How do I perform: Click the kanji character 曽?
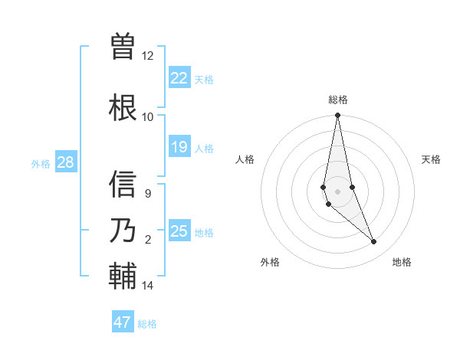(123, 45)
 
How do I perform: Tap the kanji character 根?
(123, 106)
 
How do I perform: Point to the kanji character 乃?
(123, 230)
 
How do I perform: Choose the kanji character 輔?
(123, 276)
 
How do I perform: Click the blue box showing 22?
(179, 78)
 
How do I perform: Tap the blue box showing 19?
(179, 147)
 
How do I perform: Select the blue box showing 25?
(179, 231)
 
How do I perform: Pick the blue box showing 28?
(65, 162)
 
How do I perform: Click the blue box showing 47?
(123, 322)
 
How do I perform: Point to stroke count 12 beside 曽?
(147, 56)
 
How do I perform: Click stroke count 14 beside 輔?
(147, 286)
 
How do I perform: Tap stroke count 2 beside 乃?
(148, 240)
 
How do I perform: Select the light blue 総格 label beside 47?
(147, 324)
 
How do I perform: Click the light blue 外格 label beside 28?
(41, 164)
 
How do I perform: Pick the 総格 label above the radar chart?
(338, 100)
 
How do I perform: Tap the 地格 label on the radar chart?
(402, 262)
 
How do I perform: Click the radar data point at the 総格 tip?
(338, 116)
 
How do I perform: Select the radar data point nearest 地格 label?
(374, 242)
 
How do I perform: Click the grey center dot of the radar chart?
(338, 191)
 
